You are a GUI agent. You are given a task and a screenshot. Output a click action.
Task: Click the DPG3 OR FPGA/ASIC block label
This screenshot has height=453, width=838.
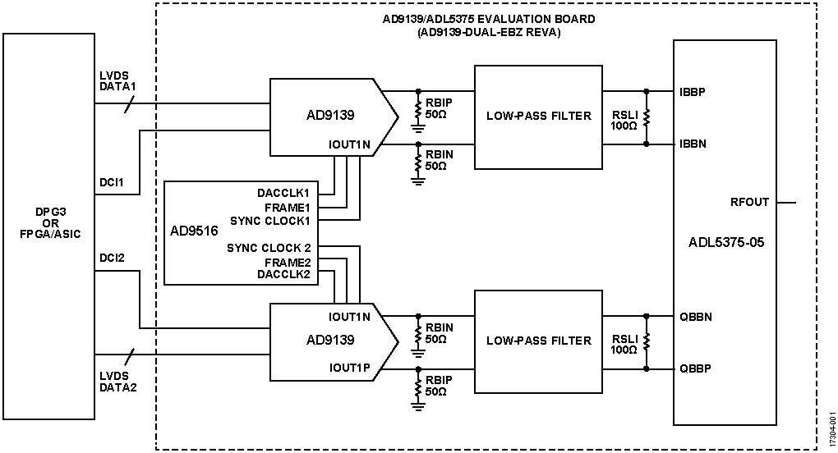[x=48, y=225]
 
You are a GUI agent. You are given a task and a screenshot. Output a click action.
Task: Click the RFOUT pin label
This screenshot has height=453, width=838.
[x=750, y=202]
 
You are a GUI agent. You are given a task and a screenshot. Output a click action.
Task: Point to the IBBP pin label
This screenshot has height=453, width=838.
[x=693, y=91]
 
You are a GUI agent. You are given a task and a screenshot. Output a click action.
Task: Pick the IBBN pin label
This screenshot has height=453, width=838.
[x=693, y=144]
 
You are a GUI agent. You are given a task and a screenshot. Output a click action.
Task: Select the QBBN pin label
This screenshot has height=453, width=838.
[x=695, y=316]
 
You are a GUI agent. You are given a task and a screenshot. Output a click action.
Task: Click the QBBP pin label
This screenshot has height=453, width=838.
[x=695, y=368]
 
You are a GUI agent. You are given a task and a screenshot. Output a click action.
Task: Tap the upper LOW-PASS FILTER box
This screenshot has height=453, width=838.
[x=538, y=116]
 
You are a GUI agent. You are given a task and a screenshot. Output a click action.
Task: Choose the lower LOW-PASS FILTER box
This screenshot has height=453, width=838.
[x=538, y=341]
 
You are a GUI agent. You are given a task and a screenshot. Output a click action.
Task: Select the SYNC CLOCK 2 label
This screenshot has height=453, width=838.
[x=270, y=248]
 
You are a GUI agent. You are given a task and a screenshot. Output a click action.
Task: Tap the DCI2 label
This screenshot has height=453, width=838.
[x=111, y=259]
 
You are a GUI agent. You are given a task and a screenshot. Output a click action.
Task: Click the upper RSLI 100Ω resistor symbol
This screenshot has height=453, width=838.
[x=647, y=117]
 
